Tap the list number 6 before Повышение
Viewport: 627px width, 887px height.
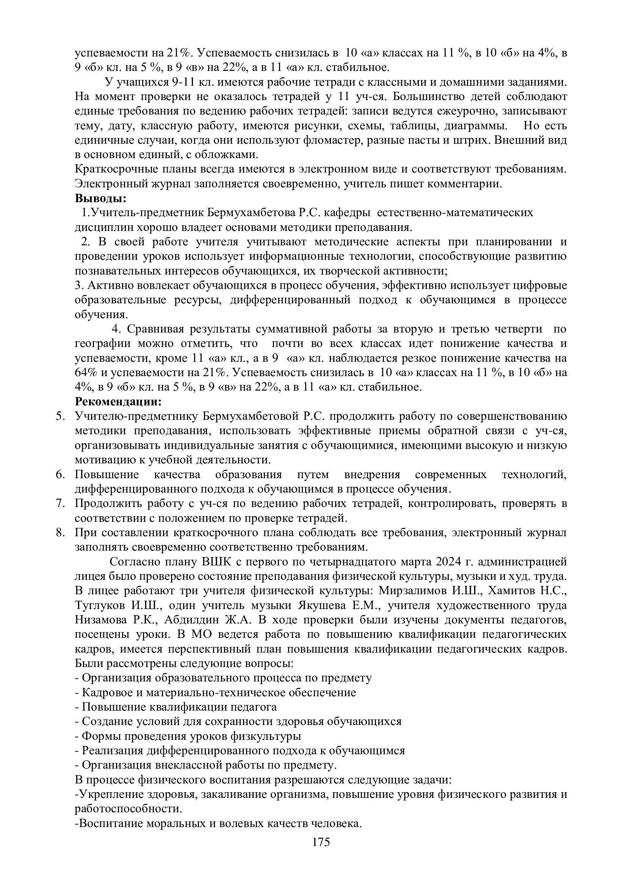pos(60,474)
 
